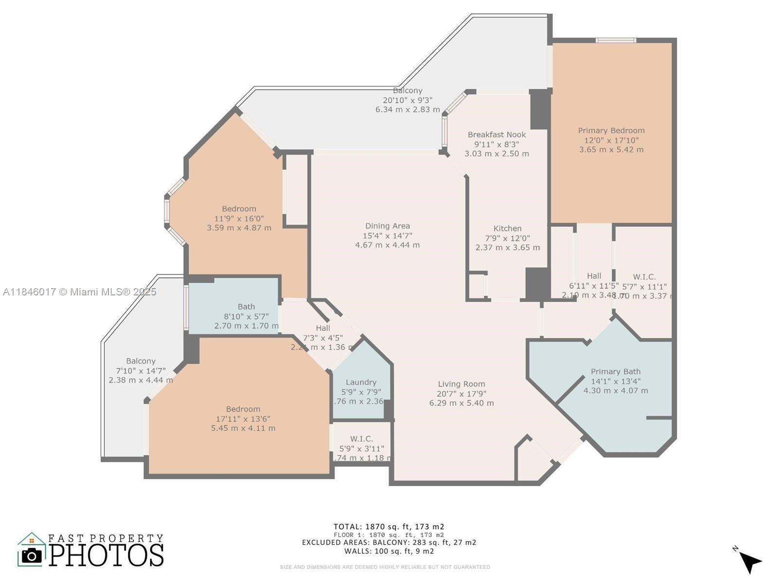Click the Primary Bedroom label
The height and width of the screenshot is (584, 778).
611,130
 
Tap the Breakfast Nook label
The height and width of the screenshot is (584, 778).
496,135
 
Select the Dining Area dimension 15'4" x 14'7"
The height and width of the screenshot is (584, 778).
388,236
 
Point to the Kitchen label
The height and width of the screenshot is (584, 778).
507,228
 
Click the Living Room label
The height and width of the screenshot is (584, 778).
461,384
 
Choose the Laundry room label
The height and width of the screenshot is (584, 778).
361,383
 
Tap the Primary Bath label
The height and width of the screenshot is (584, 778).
616,372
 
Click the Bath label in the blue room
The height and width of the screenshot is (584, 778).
246,307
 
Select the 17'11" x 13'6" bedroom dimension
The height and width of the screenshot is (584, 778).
243,419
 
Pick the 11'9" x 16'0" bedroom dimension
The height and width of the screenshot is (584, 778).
239,219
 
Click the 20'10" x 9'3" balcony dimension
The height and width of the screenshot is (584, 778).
407,100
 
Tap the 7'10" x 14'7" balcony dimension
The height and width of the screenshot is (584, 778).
141,371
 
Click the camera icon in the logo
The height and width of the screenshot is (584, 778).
32,555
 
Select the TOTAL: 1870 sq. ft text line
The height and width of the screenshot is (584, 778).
389,527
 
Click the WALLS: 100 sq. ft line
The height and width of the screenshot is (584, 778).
389,551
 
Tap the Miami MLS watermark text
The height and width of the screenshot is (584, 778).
79,292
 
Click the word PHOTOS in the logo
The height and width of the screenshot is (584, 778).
106,555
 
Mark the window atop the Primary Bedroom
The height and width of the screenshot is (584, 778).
616,40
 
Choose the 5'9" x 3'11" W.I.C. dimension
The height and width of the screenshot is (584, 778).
361,449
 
